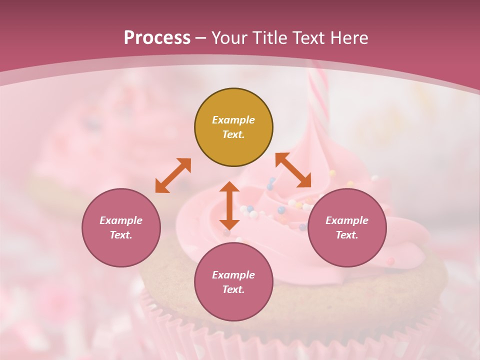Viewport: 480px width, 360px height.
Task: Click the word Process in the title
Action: pos(157,38)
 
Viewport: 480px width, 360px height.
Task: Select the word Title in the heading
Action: pos(269,38)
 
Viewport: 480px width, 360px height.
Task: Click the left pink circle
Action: pos(121,227)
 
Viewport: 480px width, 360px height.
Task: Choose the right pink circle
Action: pos(347,227)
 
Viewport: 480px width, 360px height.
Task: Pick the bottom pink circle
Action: pos(233,282)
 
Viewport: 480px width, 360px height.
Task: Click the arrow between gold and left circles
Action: pos(173,175)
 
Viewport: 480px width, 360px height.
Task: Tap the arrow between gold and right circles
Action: pos(293,170)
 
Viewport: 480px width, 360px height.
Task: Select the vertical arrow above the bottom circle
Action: pos(229,205)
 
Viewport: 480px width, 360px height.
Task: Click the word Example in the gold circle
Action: pos(233,120)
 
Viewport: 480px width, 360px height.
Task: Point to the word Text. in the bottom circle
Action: pos(233,289)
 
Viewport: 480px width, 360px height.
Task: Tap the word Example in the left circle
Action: pos(121,220)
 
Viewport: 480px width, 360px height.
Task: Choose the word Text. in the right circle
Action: pos(347,235)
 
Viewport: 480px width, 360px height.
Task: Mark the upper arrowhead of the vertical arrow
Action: pos(229,188)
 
